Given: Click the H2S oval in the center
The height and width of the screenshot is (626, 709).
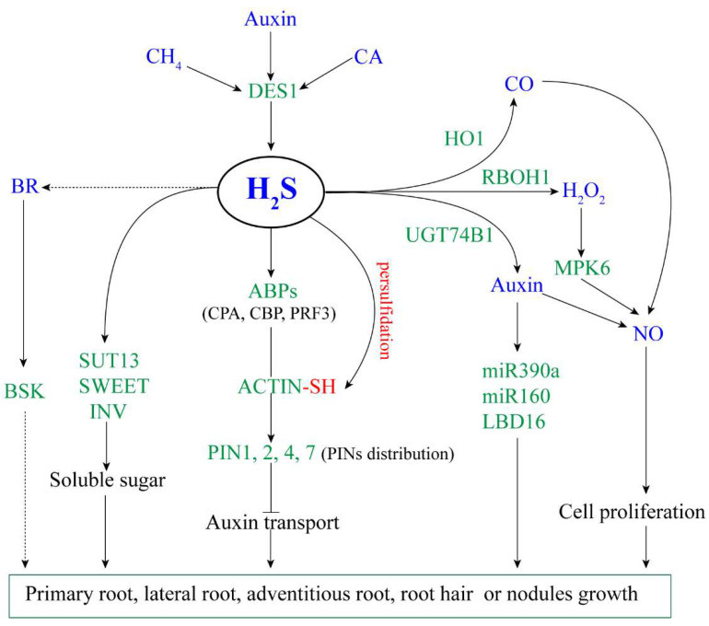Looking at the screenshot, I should click(271, 193).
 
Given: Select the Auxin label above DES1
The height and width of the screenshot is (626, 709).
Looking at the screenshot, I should click(270, 16).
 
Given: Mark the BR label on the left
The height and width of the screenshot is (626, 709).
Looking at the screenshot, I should click(25, 185).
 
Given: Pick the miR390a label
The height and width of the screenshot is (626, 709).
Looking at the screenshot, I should click(516, 373).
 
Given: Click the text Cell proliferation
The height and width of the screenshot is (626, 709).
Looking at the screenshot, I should click(632, 512).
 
